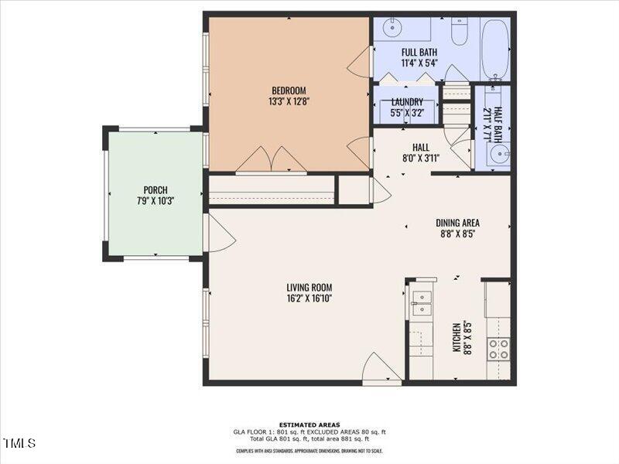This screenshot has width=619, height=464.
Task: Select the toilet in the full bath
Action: pos(459,33)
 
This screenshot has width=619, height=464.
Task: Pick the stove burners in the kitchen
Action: pos(499,349)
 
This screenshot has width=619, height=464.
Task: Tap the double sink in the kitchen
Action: pos(422,303)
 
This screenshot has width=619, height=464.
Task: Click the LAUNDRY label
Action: pos(407,102)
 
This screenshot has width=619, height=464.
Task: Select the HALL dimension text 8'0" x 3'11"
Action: pos(421,159)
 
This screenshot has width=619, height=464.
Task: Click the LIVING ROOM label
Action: pos(309,288)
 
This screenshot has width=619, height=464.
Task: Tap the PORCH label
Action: pos(156,190)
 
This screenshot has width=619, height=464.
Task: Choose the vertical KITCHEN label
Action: pos(457,338)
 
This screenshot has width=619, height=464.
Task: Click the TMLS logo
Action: pos(19,443)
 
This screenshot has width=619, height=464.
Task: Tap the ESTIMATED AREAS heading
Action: pos(309,425)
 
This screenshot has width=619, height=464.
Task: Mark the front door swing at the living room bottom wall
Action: pos(383,367)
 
